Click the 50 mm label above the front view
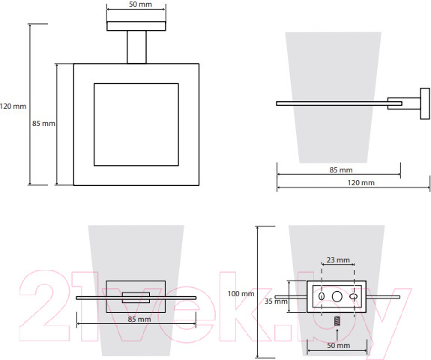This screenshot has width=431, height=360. (x=140, y=4)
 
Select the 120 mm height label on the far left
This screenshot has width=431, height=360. (x=13, y=106)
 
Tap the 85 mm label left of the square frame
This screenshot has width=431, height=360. (x=43, y=124)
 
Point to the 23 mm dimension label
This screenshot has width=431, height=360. (x=338, y=260)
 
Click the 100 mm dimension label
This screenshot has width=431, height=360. (x=241, y=294)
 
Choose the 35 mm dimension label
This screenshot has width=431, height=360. (x=276, y=301)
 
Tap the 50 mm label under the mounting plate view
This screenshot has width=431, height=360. (x=338, y=346)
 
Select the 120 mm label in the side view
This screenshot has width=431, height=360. (x=361, y=182)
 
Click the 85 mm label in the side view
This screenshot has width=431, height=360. (x=341, y=170)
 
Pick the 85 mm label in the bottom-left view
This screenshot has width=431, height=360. (x=139, y=319)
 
